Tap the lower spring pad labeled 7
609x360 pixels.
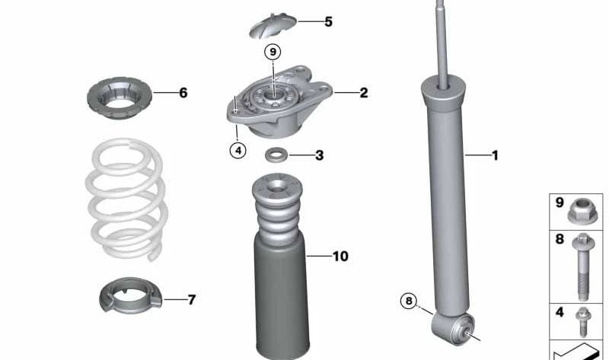click(132, 298)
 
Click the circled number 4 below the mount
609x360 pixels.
click(238, 150)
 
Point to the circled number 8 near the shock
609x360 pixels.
click(409, 301)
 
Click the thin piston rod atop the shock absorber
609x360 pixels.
click(441, 38)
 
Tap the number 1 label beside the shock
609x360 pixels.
click(495, 156)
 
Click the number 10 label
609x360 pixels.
click(340, 256)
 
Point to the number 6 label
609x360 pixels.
click(183, 93)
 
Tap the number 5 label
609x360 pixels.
click(328, 21)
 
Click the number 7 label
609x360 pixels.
click(191, 300)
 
